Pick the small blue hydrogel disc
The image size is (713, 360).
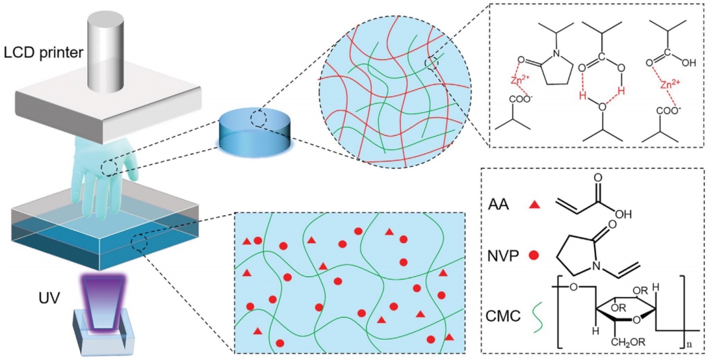(x=254, y=131)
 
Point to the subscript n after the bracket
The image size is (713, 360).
(x=685, y=345)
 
